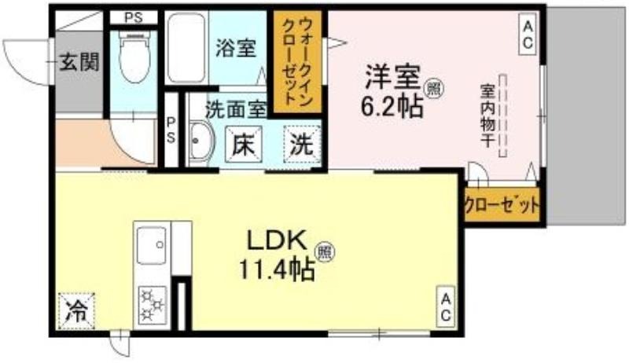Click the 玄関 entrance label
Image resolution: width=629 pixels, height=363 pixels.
click(x=79, y=63)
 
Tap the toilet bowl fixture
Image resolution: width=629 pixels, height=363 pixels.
click(x=134, y=56)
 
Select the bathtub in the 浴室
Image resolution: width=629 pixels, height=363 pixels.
click(x=186, y=48)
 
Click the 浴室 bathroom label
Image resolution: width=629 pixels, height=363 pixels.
click(x=236, y=48)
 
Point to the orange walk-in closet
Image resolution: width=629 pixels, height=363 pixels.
click(x=298, y=62)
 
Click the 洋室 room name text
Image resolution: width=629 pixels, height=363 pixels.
click(x=392, y=78)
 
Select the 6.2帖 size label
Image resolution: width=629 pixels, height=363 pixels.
click(x=392, y=106)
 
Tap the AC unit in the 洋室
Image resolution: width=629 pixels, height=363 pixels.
click(x=528, y=35)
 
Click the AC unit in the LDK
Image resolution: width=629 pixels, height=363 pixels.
click(x=446, y=306)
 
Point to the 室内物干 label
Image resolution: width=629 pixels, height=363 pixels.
click(x=487, y=115)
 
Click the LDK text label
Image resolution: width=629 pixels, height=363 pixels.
click(x=277, y=240)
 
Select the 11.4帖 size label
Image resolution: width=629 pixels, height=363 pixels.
click(x=277, y=269)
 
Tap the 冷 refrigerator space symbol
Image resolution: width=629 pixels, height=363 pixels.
click(x=76, y=311)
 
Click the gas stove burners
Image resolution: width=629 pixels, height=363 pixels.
click(x=153, y=305)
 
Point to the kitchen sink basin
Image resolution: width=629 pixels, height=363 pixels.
click(x=152, y=246)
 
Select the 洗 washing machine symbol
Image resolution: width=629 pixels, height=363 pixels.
click(x=302, y=145)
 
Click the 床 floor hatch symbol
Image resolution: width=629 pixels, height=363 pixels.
click(x=244, y=145)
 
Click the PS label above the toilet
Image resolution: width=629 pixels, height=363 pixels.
click(x=134, y=18)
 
